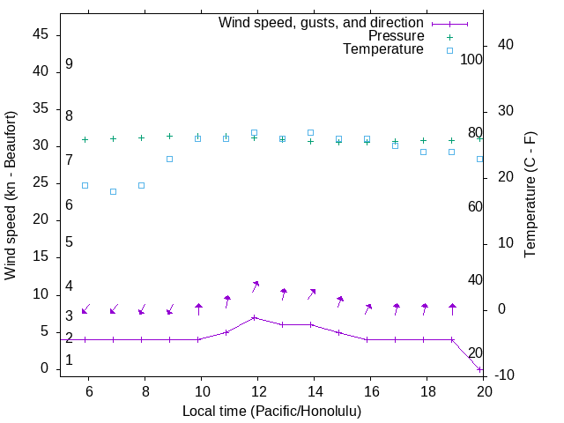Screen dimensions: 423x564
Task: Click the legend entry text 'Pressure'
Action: click(x=396, y=36)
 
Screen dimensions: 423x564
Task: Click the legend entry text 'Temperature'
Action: click(x=383, y=50)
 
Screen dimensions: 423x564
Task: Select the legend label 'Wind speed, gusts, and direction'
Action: click(x=322, y=23)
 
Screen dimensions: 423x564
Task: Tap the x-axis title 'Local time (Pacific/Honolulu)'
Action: click(x=271, y=412)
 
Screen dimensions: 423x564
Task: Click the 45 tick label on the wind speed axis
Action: click(x=41, y=34)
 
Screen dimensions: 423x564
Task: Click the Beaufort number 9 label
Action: click(x=69, y=64)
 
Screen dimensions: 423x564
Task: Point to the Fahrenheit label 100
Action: click(x=472, y=60)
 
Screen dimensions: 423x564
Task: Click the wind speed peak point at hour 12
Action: click(x=255, y=317)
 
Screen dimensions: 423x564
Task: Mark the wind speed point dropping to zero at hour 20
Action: click(x=480, y=369)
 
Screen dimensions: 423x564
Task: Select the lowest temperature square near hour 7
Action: click(x=113, y=191)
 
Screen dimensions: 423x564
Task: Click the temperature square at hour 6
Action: click(x=85, y=185)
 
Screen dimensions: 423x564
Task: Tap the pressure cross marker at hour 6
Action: click(x=85, y=139)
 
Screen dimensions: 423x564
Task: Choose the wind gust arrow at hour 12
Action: click(x=255, y=286)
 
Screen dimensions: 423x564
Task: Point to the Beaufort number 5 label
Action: click(x=69, y=242)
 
